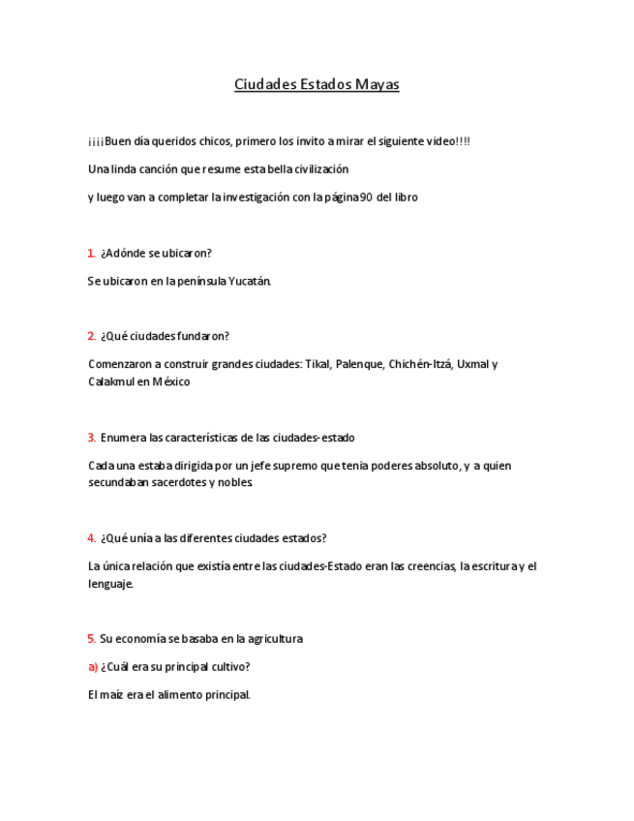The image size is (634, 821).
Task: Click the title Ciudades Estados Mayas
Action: tap(317, 84)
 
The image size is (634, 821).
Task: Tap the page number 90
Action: tap(365, 197)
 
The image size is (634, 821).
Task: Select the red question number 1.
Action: tap(91, 254)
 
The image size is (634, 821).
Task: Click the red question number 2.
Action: tap(91, 337)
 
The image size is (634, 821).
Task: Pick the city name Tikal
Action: tap(317, 365)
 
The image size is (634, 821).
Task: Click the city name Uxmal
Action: tap(473, 365)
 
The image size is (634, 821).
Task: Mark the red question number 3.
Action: tap(91, 438)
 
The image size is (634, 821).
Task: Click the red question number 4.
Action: tap(91, 538)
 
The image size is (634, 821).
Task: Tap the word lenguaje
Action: tap(109, 584)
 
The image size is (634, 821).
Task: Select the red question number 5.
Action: tap(91, 639)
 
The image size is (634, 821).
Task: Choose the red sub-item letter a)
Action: tap(93, 667)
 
